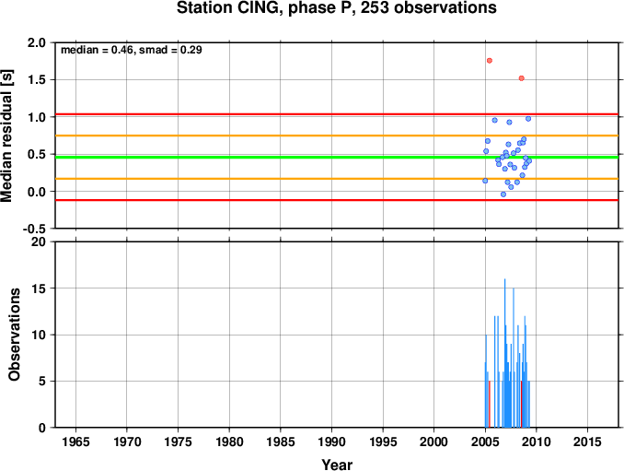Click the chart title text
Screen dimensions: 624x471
(336, 7)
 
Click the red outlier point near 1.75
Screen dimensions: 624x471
(490, 61)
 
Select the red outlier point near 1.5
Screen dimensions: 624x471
(521, 78)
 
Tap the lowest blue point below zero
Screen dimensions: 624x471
(503, 194)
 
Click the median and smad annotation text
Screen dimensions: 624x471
(132, 50)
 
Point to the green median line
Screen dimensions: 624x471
(337, 157)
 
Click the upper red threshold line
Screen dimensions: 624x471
(337, 114)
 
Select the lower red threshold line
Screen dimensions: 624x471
(337, 200)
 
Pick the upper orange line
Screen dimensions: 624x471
(337, 135)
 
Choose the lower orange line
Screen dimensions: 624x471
(337, 179)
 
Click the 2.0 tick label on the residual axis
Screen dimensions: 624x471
(36, 42)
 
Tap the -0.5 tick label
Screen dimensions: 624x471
(34, 229)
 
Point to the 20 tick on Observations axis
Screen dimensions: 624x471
(39, 241)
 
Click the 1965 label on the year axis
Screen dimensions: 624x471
(75, 442)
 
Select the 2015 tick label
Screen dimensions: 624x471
(587, 442)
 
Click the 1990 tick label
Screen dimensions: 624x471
(331, 442)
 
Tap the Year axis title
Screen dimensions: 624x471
(337, 465)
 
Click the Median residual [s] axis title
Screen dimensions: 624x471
(6, 135)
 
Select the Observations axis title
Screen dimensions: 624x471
(14, 335)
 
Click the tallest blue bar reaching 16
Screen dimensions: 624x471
(505, 353)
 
